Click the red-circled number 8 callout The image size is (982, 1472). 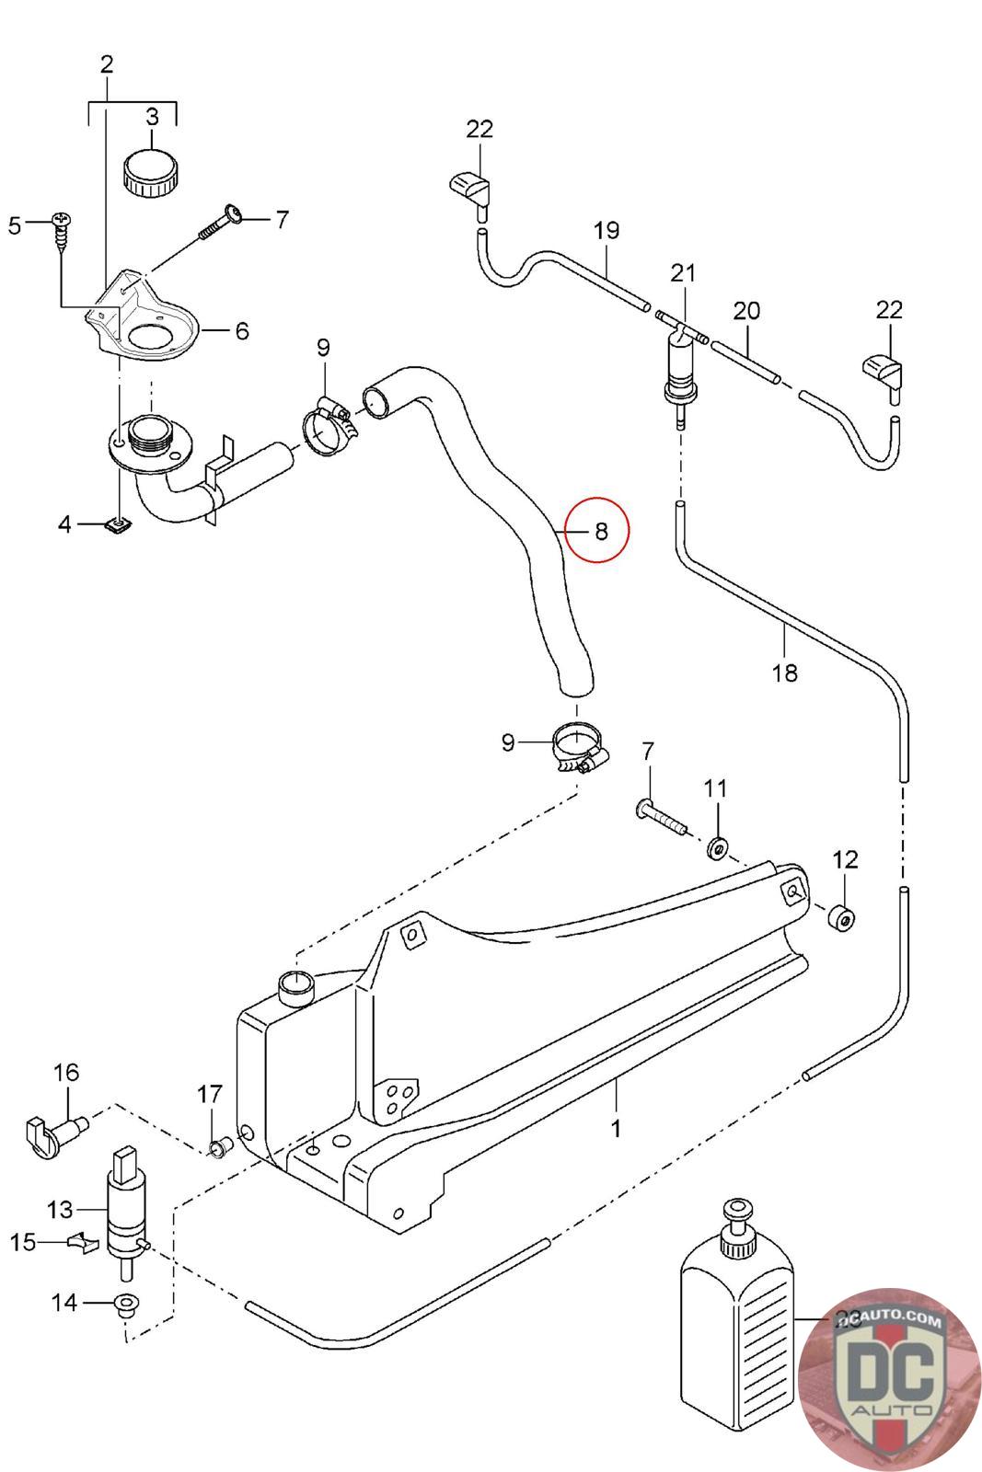(x=597, y=531)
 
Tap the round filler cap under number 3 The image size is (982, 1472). (x=152, y=171)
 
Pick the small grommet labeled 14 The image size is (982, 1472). (x=123, y=1304)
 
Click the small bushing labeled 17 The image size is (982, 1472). (x=218, y=1147)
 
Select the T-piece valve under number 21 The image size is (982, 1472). (x=680, y=362)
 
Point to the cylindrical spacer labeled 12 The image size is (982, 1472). (x=841, y=918)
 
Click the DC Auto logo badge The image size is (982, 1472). (x=889, y=1379)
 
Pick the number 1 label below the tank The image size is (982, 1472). (x=616, y=1128)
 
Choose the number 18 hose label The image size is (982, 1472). (x=785, y=673)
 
